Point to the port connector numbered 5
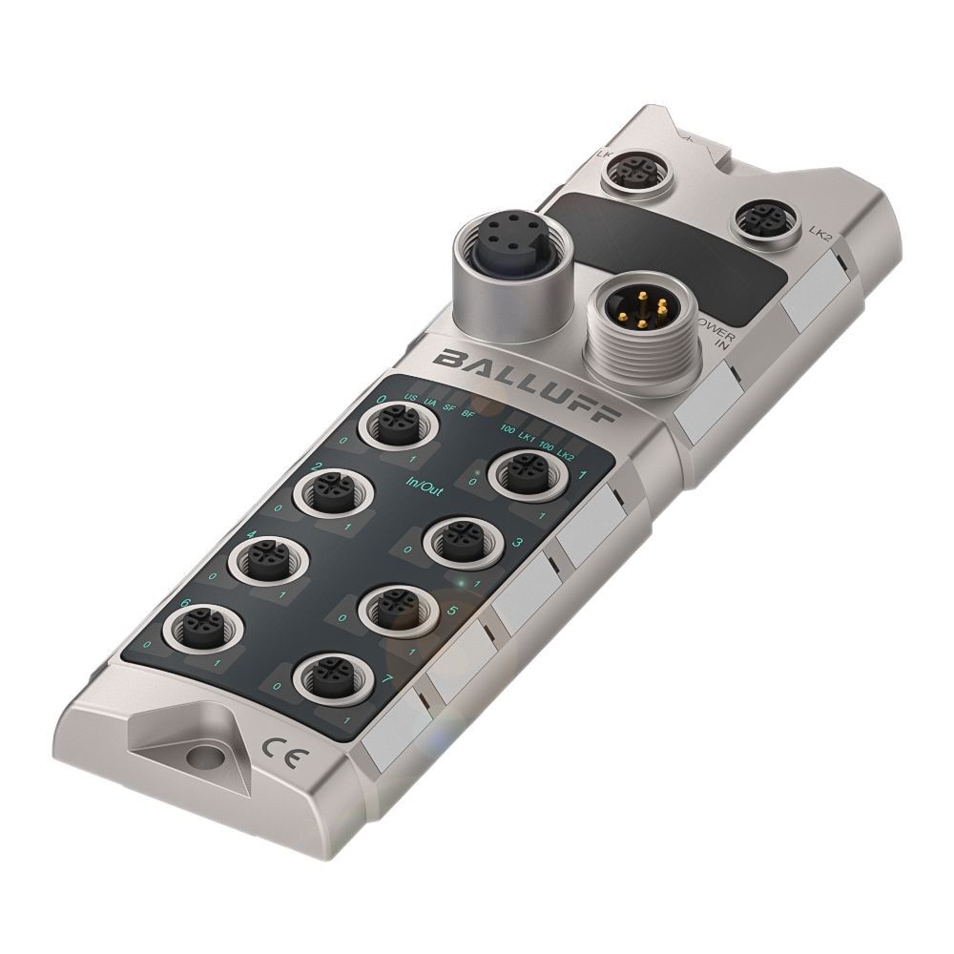click(x=392, y=606)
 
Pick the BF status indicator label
click(x=467, y=414)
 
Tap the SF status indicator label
click(x=448, y=408)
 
